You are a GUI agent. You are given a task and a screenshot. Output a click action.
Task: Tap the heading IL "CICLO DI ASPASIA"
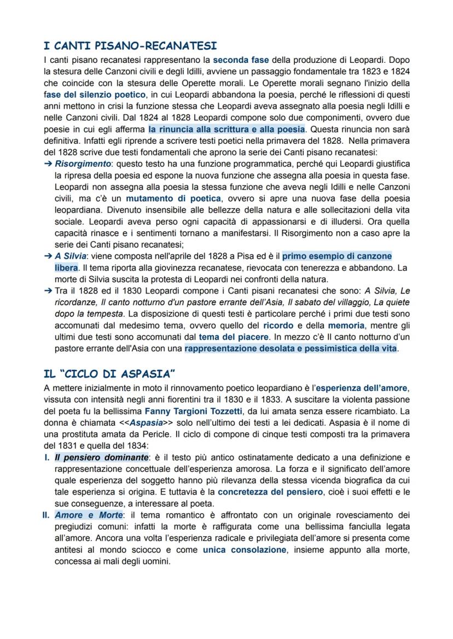click(x=109, y=374)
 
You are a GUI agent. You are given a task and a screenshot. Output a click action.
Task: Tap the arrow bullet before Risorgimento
click(x=48, y=164)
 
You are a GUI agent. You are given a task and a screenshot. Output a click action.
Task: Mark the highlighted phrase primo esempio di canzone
click(x=337, y=256)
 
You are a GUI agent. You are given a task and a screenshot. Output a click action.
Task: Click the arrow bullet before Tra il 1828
click(x=48, y=291)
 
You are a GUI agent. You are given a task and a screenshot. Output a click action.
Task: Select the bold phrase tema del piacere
click(x=233, y=337)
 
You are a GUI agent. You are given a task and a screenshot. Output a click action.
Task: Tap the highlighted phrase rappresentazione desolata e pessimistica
click(x=291, y=349)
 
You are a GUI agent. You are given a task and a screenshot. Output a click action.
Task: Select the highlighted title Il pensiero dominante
click(x=101, y=457)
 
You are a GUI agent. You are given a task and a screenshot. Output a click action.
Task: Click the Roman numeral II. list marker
click(x=48, y=515)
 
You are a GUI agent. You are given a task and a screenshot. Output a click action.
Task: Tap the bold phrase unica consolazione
click(x=244, y=550)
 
